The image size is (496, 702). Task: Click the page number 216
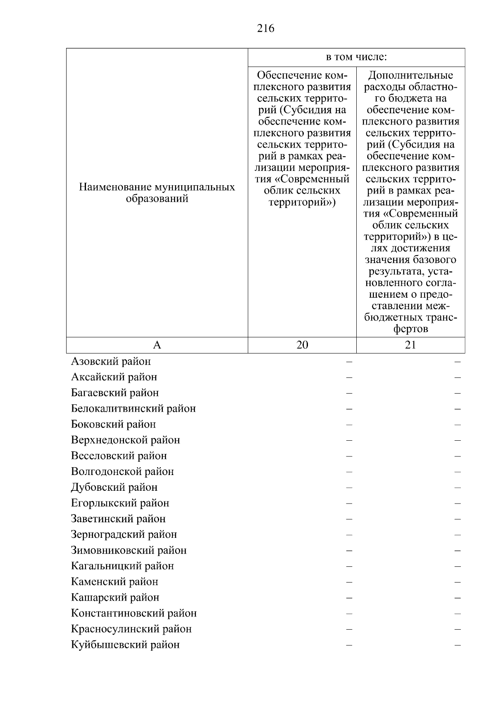265,29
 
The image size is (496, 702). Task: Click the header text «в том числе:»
356,57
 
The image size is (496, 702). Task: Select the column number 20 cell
302,345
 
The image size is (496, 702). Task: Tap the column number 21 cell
410,345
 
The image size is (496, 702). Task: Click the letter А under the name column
157,345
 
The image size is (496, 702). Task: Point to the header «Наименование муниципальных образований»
157,193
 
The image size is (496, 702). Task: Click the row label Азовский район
111,361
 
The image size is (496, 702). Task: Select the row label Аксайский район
114,377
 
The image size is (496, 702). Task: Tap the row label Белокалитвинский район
133,408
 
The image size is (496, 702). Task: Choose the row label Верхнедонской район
125,440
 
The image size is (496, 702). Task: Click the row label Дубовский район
114,487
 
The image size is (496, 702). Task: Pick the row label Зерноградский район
124,535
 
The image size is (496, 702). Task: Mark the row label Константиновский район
134,613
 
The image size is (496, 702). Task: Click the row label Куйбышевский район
125,645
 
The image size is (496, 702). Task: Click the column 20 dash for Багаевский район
349,393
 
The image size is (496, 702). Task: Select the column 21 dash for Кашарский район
458,598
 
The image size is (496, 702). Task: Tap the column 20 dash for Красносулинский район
349,629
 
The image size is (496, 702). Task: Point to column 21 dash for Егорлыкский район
458,504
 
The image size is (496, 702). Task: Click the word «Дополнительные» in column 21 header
410,75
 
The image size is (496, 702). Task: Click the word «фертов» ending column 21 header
410,330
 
